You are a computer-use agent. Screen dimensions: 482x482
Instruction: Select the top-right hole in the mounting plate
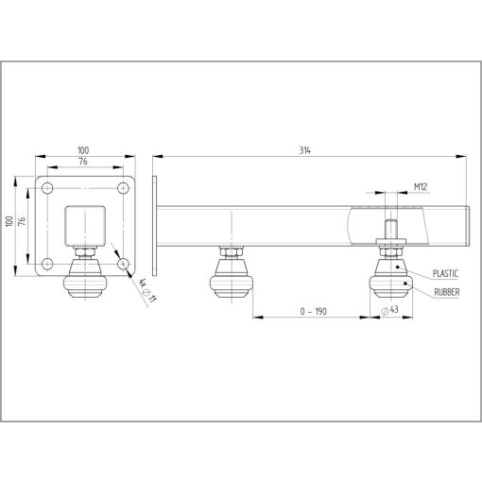point(123,190)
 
